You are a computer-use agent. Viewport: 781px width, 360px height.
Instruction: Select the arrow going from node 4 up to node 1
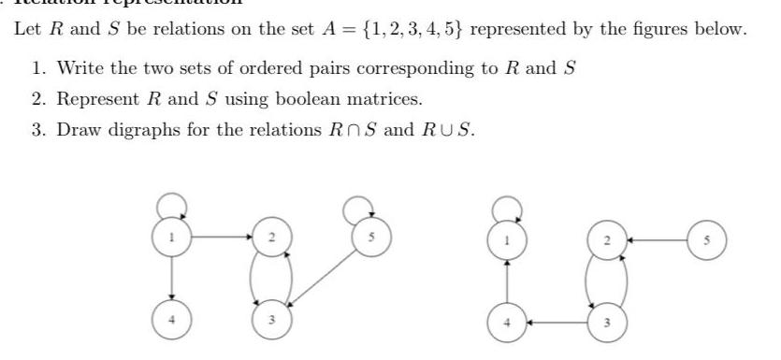506,271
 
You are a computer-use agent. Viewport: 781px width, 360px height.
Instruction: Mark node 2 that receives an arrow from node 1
269,238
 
